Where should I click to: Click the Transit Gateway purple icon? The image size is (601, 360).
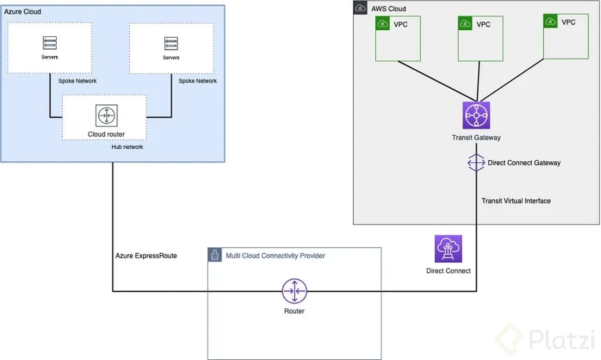click(477, 115)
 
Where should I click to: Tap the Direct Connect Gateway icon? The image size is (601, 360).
click(476, 163)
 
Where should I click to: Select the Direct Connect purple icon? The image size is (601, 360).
click(448, 249)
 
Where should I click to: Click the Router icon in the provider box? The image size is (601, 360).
click(295, 291)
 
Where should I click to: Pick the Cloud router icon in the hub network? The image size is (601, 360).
click(106, 116)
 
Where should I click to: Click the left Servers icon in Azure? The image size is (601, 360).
click(50, 43)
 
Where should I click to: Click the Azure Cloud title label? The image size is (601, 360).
click(23, 12)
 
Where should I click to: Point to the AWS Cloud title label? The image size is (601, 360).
click(389, 9)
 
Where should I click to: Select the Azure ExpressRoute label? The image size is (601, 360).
click(146, 256)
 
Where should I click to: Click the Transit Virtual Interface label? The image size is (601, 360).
click(516, 201)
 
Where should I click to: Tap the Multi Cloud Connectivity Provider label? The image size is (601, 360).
click(275, 256)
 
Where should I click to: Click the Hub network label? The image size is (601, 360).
click(127, 147)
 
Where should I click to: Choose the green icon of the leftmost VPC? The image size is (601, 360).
click(382, 24)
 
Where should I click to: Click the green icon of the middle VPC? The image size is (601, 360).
click(465, 24)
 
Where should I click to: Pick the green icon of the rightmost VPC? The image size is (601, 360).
click(551, 22)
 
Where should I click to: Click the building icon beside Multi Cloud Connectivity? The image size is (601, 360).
click(215, 256)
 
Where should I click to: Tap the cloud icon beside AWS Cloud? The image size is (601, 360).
click(361, 8)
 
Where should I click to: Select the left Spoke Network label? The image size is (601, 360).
click(77, 81)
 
